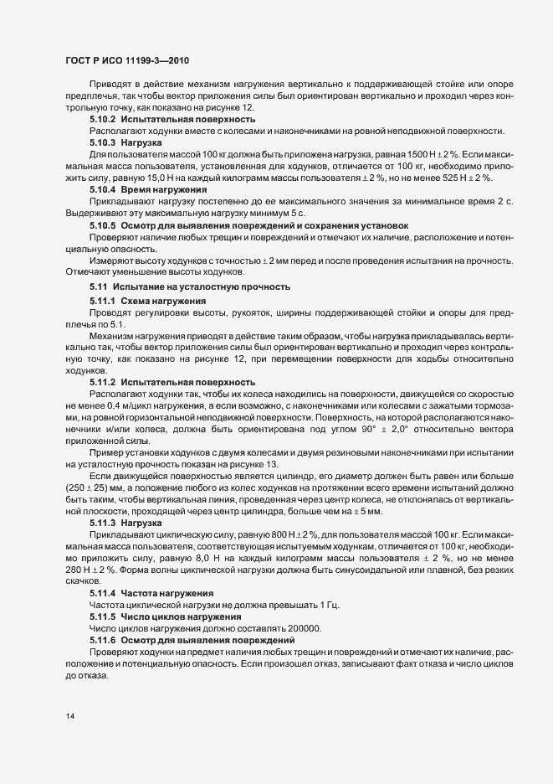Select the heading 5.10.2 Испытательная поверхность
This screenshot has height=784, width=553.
[172, 120]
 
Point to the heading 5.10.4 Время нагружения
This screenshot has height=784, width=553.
[155, 190]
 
